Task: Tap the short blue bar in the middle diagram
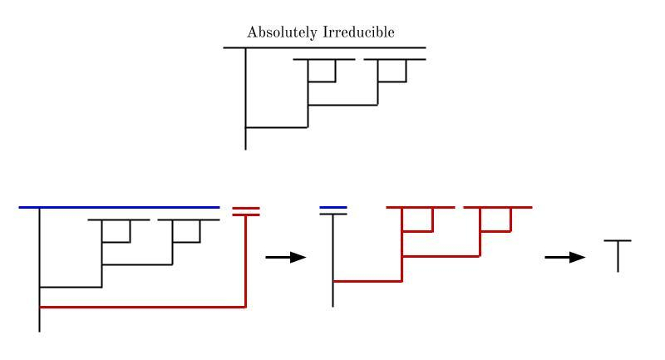(x=332, y=206)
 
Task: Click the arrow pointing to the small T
(x=564, y=258)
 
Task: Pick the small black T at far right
(x=617, y=255)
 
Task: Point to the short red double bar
(x=247, y=210)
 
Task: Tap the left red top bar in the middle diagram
(x=421, y=206)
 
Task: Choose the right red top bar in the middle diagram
(x=497, y=206)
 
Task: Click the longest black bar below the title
(x=324, y=48)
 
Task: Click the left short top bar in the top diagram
(x=323, y=60)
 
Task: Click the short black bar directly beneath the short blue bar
(x=332, y=214)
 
